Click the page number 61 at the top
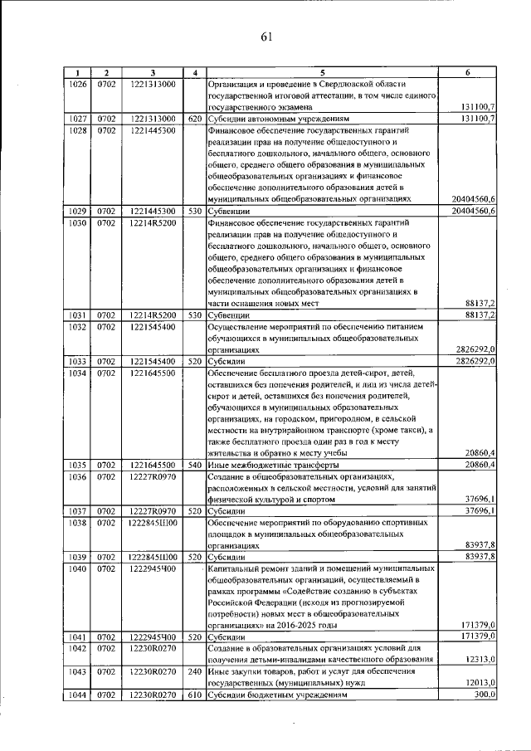266,37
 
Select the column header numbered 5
323,73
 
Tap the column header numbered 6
468,73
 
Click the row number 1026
77,85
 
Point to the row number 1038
77,524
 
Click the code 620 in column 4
194,119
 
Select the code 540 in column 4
194,465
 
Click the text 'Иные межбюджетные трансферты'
272,465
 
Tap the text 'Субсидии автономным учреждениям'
279,119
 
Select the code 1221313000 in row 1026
153,85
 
